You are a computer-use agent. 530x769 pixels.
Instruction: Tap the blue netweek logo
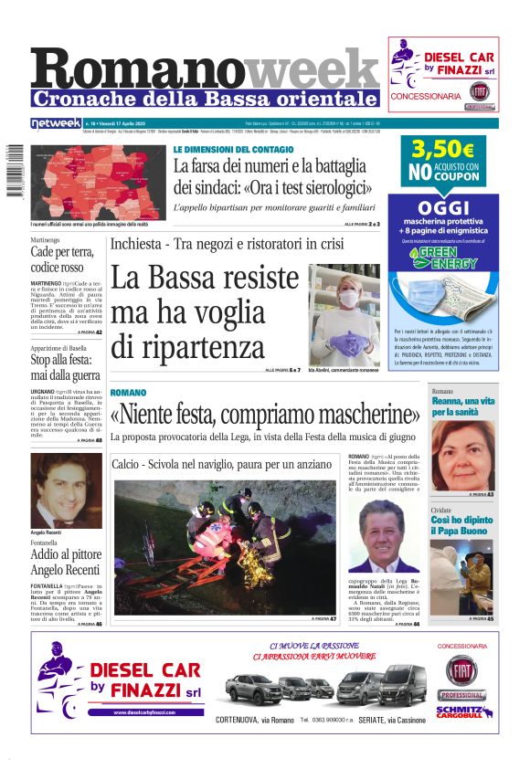point(55,123)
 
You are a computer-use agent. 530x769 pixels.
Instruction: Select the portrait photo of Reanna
point(462,457)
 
